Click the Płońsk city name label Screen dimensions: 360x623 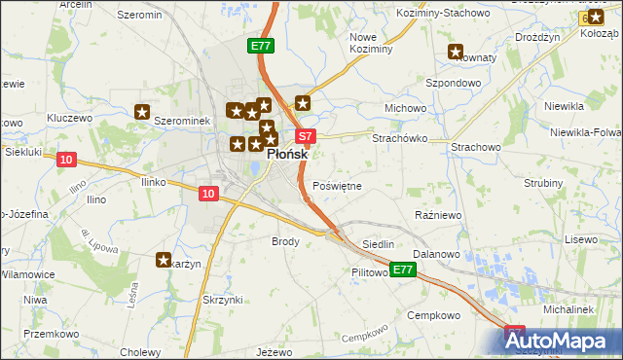pos(287,155)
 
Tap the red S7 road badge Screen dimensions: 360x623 pos(305,137)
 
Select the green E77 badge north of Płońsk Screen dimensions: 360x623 pos(261,46)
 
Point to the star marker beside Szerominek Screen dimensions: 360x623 pos(142,113)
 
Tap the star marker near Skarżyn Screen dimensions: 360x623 pos(164,259)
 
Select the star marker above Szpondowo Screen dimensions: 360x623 pos(455,53)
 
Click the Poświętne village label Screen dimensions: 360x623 pos(338,186)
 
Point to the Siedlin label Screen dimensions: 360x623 pos(378,243)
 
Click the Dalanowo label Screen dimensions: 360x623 pos(435,253)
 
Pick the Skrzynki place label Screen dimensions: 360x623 pos(222,300)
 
